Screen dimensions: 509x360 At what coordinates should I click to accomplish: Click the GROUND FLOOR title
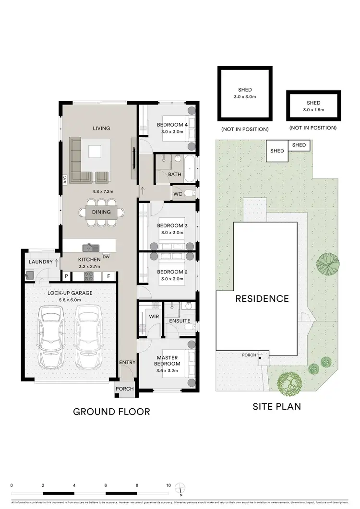click(x=111, y=411)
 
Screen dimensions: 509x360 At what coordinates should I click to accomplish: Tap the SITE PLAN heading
click(x=277, y=406)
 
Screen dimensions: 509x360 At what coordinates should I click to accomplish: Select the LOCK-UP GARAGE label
click(x=70, y=293)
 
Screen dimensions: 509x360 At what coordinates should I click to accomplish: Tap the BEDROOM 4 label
click(x=172, y=126)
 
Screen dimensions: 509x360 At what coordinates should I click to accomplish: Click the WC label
click(x=178, y=194)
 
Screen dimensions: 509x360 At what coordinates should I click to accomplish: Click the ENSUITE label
click(x=180, y=320)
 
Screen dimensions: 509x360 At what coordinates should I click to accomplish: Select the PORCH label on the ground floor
click(x=125, y=389)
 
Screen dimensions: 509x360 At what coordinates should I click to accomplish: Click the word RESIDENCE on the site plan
click(x=262, y=298)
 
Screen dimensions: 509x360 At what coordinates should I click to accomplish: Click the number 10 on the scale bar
click(x=168, y=485)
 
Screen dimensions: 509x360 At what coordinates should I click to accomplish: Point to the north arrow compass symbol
click(x=180, y=486)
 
